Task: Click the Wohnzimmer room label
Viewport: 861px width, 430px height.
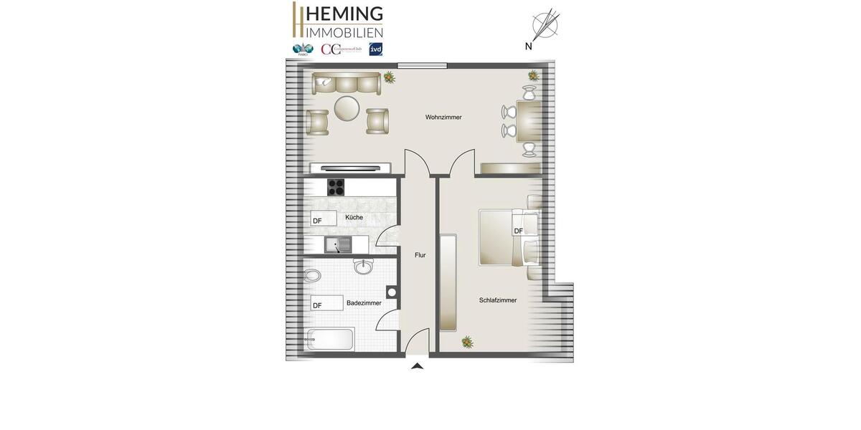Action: click(x=443, y=117)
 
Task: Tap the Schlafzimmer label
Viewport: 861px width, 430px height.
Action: click(x=498, y=300)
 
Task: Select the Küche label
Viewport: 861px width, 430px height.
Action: click(x=354, y=217)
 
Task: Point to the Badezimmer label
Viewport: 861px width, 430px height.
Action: click(x=364, y=303)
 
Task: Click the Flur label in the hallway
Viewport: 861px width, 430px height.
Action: click(x=420, y=255)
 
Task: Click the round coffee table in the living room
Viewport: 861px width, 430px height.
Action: click(x=347, y=109)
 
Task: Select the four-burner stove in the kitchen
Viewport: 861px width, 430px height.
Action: click(x=336, y=187)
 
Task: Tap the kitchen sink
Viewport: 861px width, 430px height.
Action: click(x=337, y=245)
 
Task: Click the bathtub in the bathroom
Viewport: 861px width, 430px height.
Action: click(x=331, y=339)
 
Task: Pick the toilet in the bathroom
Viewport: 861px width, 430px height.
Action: click(x=312, y=276)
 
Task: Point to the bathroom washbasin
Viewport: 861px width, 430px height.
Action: click(x=364, y=267)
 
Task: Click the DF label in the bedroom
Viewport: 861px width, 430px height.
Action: click(x=519, y=231)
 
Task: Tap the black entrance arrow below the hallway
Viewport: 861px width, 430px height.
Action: click(x=417, y=366)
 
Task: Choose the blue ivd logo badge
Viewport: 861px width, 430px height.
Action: click(x=375, y=49)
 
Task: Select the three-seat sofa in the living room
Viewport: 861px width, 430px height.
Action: click(x=346, y=83)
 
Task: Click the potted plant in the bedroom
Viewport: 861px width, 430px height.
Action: click(x=467, y=343)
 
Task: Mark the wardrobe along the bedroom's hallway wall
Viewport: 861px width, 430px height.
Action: click(x=448, y=282)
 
